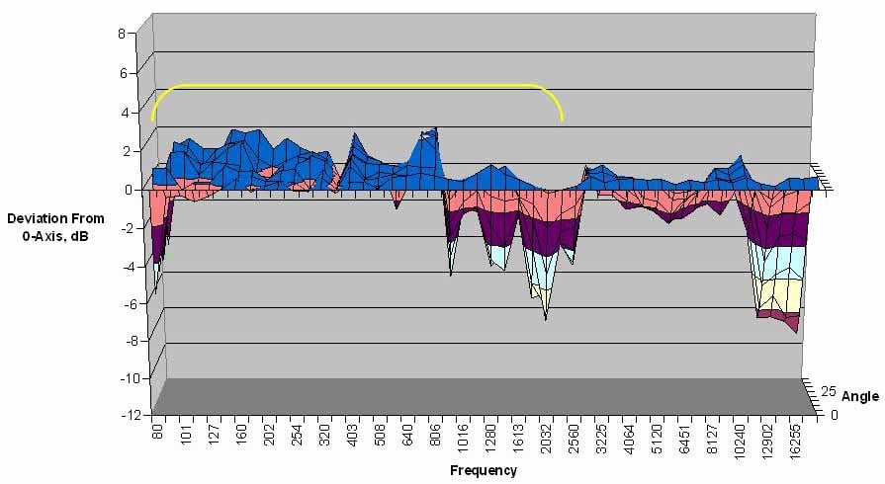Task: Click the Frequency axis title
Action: [483, 470]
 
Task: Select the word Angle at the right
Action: [859, 397]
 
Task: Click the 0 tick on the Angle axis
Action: [833, 415]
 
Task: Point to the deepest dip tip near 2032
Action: [545, 319]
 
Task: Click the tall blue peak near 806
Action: [433, 131]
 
